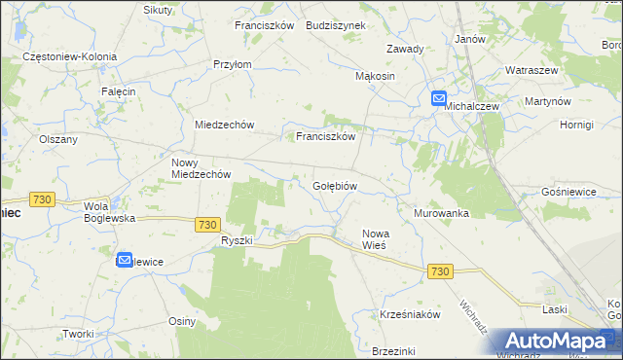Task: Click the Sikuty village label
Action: point(158,10)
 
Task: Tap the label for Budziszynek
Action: point(335,25)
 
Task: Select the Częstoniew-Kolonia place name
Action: point(70,57)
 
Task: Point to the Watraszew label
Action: point(531,71)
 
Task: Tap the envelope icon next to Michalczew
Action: point(438,98)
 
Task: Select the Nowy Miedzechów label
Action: point(201,168)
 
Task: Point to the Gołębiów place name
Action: point(336,185)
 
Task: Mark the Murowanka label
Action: point(441,213)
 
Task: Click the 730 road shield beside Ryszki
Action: point(205,224)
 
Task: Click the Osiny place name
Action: point(183,321)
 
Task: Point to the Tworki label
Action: point(77,334)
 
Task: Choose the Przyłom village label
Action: point(233,64)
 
